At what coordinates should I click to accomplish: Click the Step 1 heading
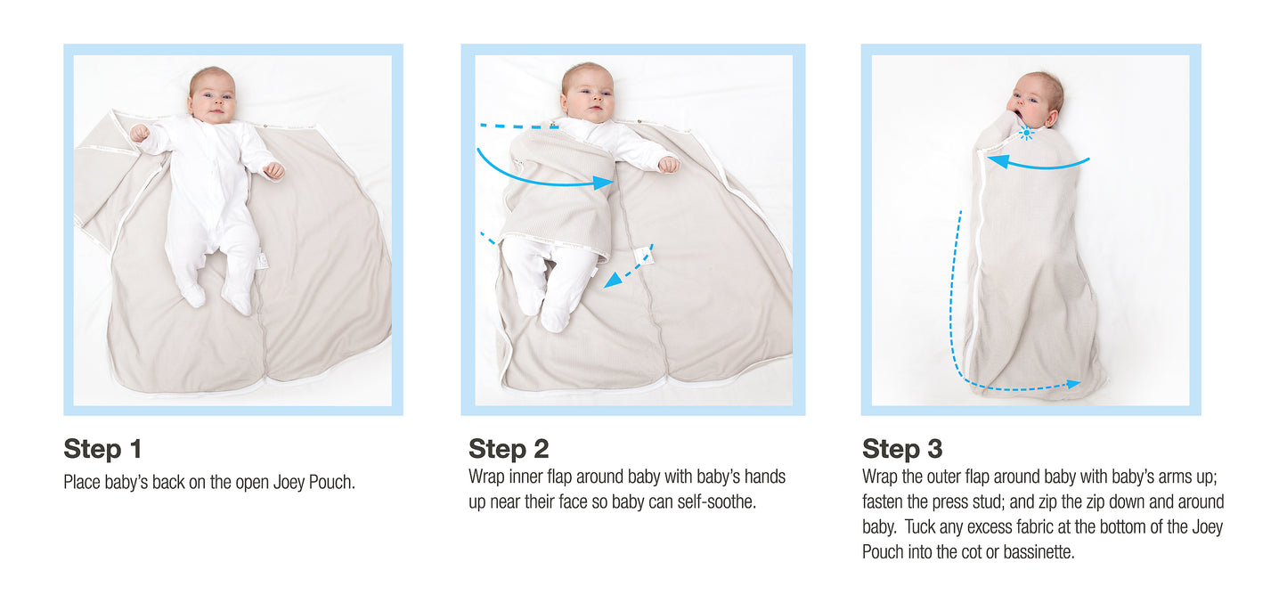[102, 449]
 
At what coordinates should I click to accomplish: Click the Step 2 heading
[509, 449]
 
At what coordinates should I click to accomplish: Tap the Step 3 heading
[902, 449]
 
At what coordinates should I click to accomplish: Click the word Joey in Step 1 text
[289, 482]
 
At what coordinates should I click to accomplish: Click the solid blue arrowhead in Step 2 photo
[603, 183]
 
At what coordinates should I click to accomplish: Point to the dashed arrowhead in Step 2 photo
[613, 280]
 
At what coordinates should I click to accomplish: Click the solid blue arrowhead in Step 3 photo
[998, 161]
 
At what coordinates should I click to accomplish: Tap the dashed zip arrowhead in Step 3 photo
[1073, 384]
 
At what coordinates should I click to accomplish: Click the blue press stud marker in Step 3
[1026, 134]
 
